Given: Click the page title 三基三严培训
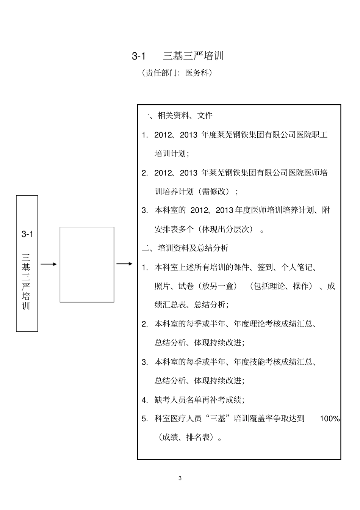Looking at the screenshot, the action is point(193,56).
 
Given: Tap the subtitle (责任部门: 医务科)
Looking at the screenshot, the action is point(177,73).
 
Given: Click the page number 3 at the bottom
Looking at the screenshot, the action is point(180,478).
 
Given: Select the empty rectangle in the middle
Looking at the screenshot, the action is point(87,264).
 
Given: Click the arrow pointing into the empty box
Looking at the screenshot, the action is point(49,264).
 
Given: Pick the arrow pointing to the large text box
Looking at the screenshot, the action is point(124,264).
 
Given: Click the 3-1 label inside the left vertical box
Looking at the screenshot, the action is point(27,234).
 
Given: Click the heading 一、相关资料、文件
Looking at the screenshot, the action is point(177,115).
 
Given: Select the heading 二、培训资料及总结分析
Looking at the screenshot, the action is point(185,248).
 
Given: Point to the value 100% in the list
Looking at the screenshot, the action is point(330,419).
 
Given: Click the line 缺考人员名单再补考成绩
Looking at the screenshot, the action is point(199,400).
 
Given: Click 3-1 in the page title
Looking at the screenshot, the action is point(139,56).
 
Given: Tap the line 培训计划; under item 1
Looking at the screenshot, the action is point(172,154).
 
